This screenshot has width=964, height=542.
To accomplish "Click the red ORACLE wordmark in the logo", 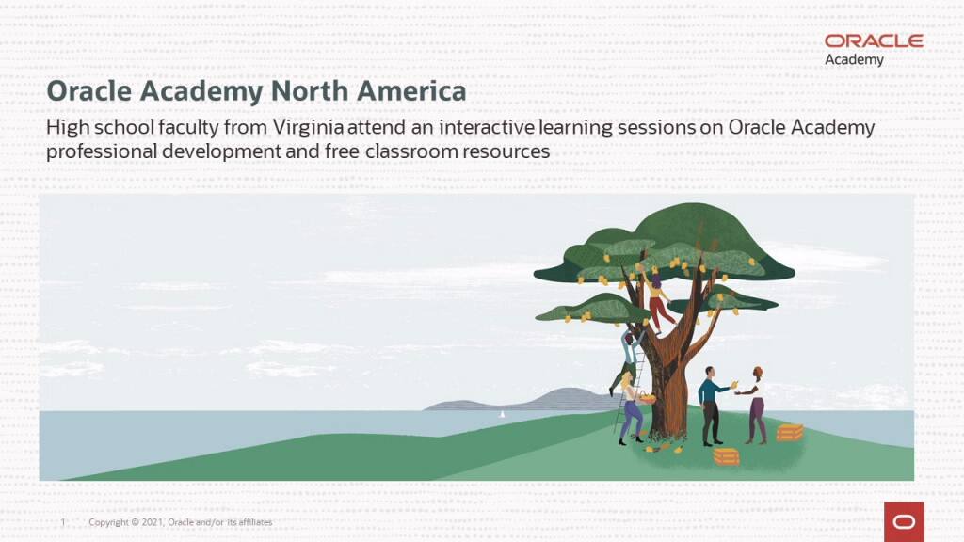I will point(874,40).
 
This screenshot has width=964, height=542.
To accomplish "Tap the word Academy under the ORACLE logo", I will point(854,60).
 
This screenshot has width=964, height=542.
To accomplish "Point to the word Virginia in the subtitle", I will point(310,128).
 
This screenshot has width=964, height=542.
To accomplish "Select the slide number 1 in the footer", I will point(62,522).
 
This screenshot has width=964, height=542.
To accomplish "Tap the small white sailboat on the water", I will point(502,413).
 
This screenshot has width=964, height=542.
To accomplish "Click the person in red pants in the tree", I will point(658,301).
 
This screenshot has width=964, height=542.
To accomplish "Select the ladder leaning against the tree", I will point(627,386).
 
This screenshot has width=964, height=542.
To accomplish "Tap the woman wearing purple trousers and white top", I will point(756,405).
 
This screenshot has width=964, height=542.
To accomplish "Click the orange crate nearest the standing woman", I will point(790,432).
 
